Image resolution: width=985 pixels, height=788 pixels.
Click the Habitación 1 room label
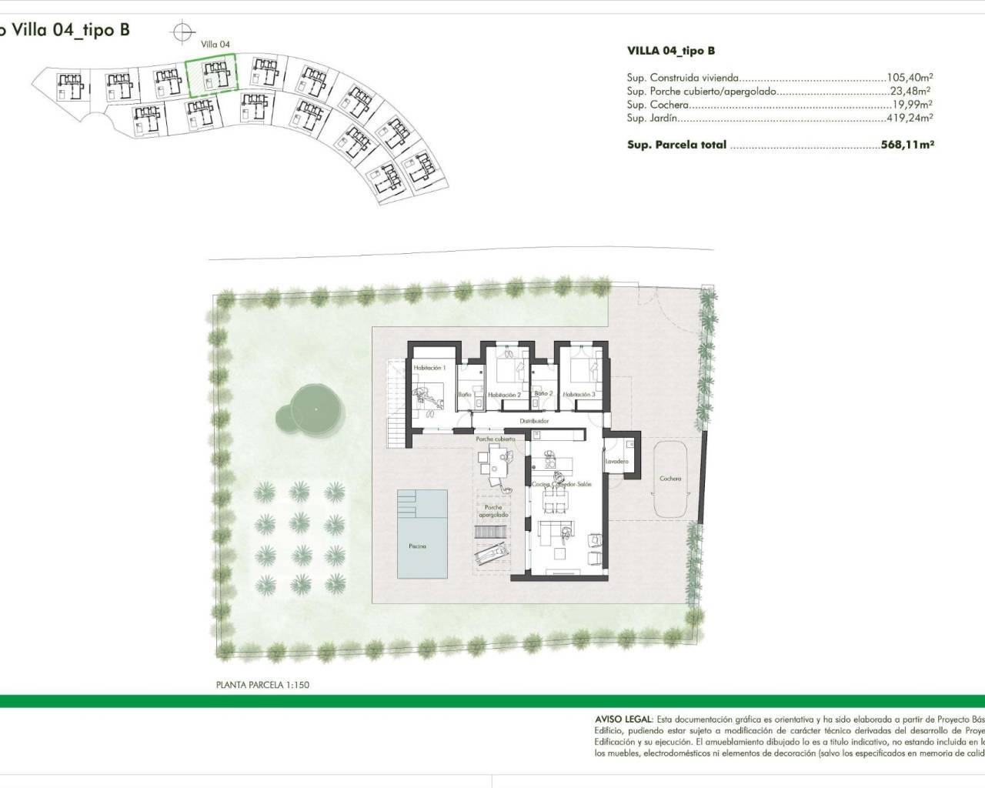(x=429, y=369)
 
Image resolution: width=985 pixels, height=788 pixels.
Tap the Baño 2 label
(x=543, y=394)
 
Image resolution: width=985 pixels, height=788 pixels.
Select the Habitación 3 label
(x=579, y=395)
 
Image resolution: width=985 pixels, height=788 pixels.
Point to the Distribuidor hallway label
(x=533, y=422)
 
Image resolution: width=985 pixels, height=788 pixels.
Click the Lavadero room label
(x=617, y=462)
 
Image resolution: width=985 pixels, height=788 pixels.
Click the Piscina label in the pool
(x=417, y=546)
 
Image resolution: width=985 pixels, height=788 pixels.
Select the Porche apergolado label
(x=493, y=511)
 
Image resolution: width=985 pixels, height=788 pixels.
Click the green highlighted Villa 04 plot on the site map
(x=211, y=78)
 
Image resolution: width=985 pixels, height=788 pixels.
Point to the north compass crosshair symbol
(x=182, y=32)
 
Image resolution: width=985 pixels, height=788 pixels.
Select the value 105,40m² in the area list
(x=910, y=78)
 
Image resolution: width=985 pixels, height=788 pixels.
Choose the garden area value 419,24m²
(x=910, y=119)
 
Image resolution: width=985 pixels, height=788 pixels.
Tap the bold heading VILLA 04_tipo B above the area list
(x=670, y=51)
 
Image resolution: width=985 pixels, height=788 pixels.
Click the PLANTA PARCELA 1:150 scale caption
(x=262, y=684)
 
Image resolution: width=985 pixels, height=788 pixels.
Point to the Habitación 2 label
(x=504, y=395)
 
